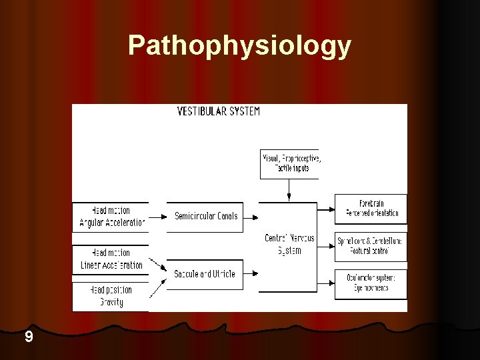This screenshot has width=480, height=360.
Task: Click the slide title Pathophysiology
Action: tap(239, 45)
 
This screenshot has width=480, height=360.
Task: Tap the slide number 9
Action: tap(28, 337)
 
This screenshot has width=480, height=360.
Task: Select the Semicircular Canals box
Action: tap(205, 216)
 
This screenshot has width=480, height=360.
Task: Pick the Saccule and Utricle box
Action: tap(205, 273)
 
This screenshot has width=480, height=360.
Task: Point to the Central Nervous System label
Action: tap(289, 244)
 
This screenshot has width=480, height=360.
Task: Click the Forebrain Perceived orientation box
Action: tap(371, 208)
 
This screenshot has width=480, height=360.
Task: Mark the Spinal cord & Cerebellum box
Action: tap(371, 245)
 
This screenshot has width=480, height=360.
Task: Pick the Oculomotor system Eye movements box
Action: tap(371, 283)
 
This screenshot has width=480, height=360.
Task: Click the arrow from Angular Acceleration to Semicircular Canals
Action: tap(157, 217)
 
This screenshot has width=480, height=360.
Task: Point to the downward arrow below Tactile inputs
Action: tap(289, 190)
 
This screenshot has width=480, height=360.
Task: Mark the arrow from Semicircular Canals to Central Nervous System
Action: tap(253, 217)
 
